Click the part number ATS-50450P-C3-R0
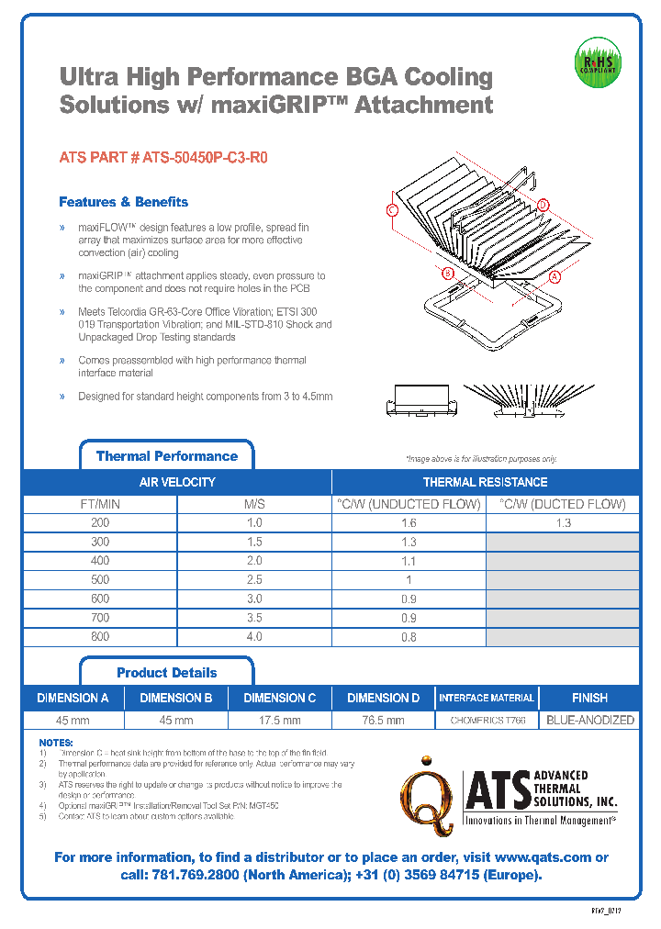pos(163,157)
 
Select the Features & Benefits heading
pos(123,202)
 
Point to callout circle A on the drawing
pos(555,275)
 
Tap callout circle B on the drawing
pos(448,274)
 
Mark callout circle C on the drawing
pos(392,210)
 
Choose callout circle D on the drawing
pos(543,204)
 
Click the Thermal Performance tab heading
pos(166,456)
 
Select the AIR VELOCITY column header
pos(177,482)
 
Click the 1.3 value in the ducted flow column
pos(563,522)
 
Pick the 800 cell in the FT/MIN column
pos(100,636)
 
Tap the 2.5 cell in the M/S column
pos(254,579)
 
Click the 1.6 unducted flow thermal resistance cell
pos(409,522)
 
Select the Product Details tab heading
pos(167,673)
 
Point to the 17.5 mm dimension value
pos(280,721)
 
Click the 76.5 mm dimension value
pos(383,721)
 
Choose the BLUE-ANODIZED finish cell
pos(589,721)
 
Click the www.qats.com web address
pos(547,857)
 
